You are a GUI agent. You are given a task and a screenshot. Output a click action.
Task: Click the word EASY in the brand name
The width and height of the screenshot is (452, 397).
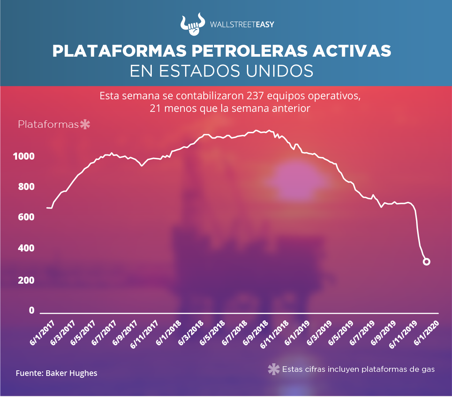click(265, 25)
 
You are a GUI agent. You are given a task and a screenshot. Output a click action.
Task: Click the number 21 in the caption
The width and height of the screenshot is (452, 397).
click(155, 109)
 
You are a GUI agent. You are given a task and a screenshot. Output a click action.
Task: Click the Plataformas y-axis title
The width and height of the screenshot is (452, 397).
click(48, 124)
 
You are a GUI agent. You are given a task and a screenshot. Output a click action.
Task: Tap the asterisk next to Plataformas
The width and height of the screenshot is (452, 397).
click(85, 124)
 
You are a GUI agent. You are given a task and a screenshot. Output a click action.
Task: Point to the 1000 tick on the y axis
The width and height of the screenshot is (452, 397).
click(24, 156)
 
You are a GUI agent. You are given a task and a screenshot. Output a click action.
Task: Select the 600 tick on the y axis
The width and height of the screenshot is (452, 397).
click(26, 217)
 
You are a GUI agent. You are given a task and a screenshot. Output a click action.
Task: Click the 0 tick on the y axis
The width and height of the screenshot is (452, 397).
click(31, 310)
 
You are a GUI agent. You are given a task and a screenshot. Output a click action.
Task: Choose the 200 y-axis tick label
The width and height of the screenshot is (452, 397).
click(26, 280)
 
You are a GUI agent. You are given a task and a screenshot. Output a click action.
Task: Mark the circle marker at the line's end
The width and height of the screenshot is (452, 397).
click(426, 262)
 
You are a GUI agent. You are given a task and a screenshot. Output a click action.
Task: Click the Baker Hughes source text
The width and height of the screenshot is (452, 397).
click(71, 373)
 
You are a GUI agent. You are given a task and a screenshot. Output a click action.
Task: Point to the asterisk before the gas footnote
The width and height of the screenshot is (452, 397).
click(274, 369)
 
